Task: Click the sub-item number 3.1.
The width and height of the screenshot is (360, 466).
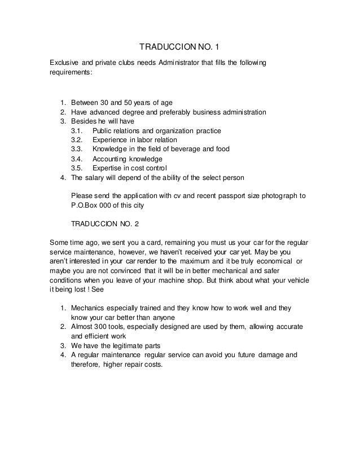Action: tap(77, 131)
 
